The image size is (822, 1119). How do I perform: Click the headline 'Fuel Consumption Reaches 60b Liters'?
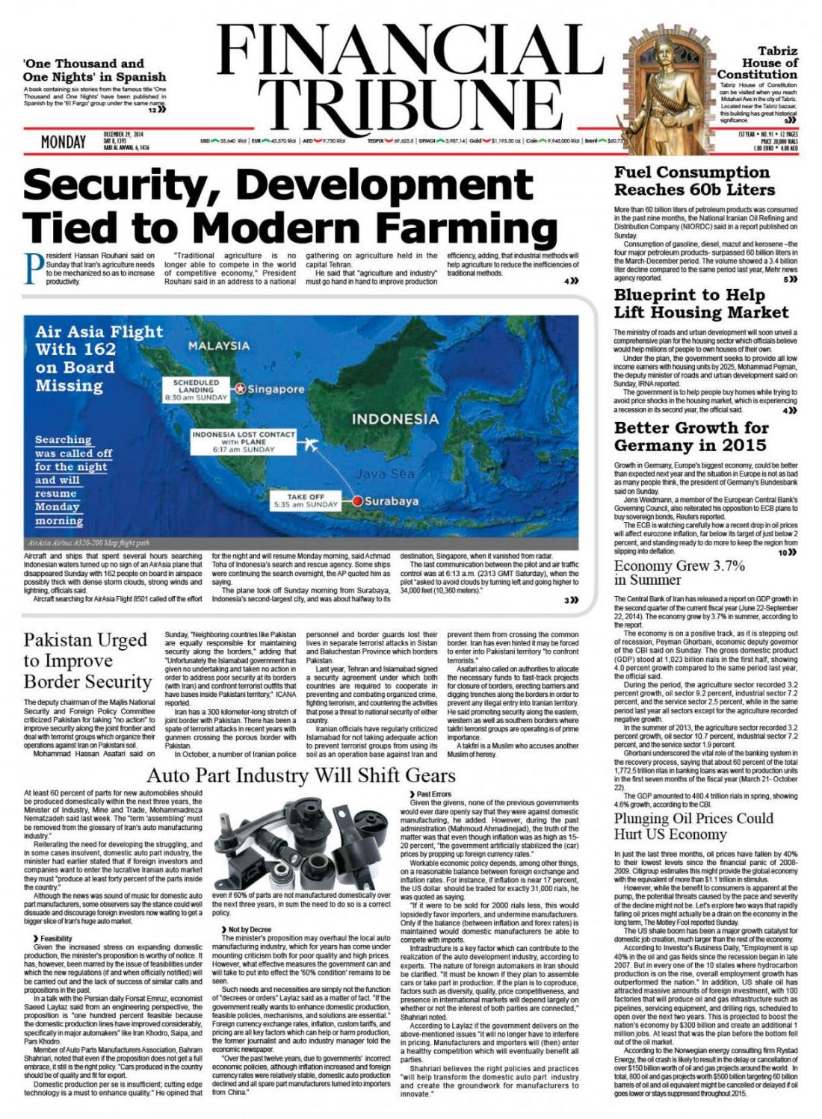[x=694, y=181]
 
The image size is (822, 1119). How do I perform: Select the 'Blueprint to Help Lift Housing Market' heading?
[x=701, y=303]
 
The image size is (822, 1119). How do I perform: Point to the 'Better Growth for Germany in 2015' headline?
[x=690, y=436]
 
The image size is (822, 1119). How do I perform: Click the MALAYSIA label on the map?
[x=219, y=346]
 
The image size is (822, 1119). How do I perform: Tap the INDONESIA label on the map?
[x=395, y=418]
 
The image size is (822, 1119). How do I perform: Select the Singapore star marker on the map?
[x=240, y=388]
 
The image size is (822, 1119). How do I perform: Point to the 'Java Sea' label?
[x=385, y=474]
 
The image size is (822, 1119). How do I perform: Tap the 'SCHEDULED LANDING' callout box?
[x=196, y=390]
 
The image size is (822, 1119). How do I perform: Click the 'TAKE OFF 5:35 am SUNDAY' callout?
[x=306, y=500]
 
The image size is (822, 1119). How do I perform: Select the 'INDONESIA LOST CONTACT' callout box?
[x=243, y=441]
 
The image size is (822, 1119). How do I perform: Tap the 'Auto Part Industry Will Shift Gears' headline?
[x=301, y=775]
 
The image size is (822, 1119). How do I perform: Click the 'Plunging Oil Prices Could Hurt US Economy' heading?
[x=693, y=825]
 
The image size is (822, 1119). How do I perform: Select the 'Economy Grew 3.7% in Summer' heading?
[x=679, y=572]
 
